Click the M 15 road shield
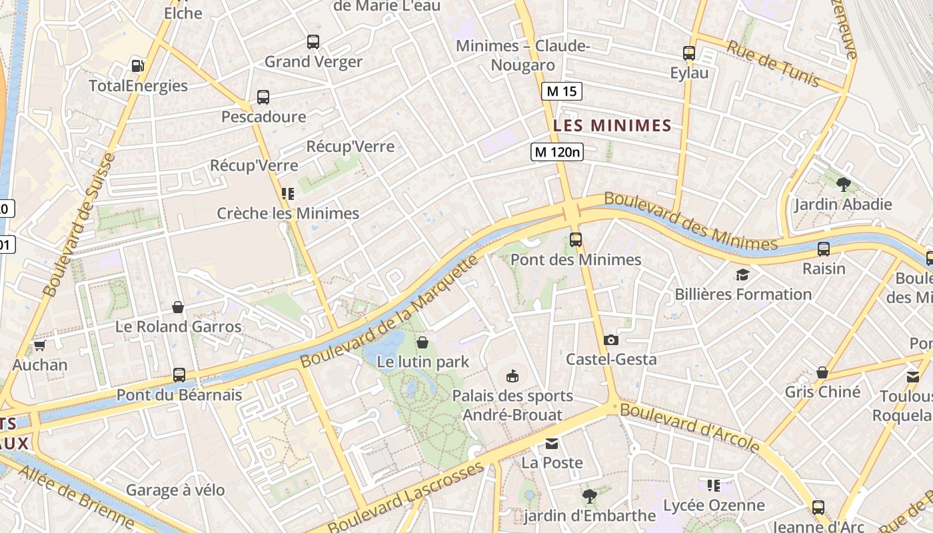pyautogui.click(x=562, y=91)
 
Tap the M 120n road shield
pyautogui.click(x=557, y=152)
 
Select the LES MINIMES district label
pyautogui.click(x=612, y=125)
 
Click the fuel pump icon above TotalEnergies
pyautogui.click(x=138, y=65)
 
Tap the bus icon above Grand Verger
pyautogui.click(x=313, y=42)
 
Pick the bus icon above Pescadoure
pyautogui.click(x=263, y=97)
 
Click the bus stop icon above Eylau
pyautogui.click(x=689, y=53)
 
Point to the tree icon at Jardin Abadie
pyautogui.click(x=843, y=184)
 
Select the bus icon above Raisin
pyautogui.click(x=824, y=249)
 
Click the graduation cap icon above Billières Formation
pyautogui.click(x=742, y=274)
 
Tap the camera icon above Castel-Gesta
pyautogui.click(x=610, y=340)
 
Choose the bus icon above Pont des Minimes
pyautogui.click(x=576, y=240)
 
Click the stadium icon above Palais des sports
pyautogui.click(x=512, y=376)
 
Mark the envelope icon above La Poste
pyautogui.click(x=552, y=443)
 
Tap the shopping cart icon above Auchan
pyautogui.click(x=39, y=345)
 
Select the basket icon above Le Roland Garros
pyautogui.click(x=178, y=307)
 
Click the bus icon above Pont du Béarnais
pyautogui.click(x=179, y=375)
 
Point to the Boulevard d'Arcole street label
pyautogui.click(x=690, y=427)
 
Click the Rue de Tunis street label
pyautogui.click(x=773, y=64)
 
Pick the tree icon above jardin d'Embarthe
pyautogui.click(x=589, y=496)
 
